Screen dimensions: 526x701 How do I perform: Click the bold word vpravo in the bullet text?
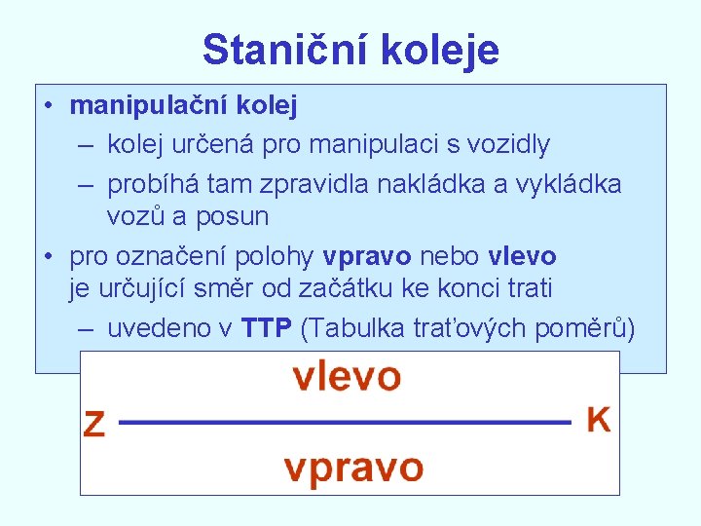pos(369,256)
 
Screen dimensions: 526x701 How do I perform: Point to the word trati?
pos(524,288)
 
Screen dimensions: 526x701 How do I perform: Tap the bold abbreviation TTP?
pos(267,329)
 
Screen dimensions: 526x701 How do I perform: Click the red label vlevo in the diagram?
pos(347,376)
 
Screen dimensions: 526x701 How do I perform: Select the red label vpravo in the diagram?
pos(353,470)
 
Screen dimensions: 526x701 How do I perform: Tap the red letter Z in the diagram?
pos(94,425)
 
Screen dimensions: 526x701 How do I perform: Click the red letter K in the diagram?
pos(599,421)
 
